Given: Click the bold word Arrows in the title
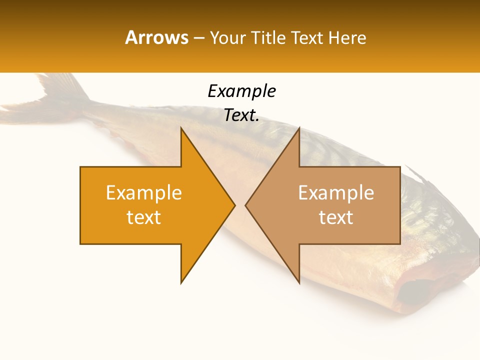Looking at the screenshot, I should click(x=157, y=37).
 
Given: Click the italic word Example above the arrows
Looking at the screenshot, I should click(x=241, y=91).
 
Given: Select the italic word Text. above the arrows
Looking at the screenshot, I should click(x=241, y=115).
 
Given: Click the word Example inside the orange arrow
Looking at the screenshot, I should click(x=144, y=193).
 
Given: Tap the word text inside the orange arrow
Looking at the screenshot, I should click(x=144, y=217).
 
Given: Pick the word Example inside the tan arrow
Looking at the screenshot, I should click(x=336, y=193).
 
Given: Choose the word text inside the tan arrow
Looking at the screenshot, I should click(x=336, y=217).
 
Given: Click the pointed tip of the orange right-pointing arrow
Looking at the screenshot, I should click(x=233, y=205).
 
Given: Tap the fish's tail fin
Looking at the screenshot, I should click(x=55, y=92).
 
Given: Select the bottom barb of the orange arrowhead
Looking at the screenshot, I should click(x=182, y=280).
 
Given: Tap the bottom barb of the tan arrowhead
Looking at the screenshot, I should click(x=298, y=280).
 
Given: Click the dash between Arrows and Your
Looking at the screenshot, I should click(x=198, y=38).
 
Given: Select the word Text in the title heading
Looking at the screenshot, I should click(x=307, y=37).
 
